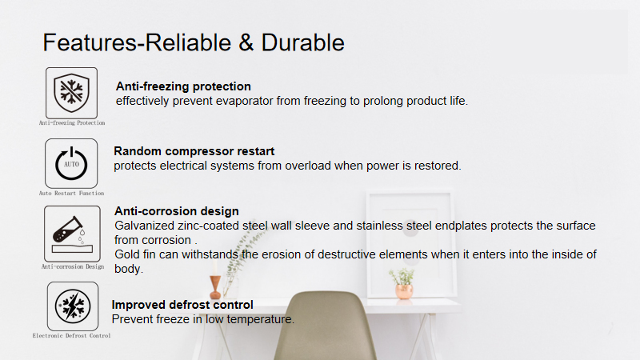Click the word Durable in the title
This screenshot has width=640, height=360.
coord(302,42)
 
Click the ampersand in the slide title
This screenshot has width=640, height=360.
coord(246,43)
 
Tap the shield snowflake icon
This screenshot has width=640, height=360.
coord(71,93)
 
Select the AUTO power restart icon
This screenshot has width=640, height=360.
coord(71,163)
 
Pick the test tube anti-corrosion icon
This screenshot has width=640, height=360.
coord(72,234)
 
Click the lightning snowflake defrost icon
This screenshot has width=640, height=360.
coord(73,306)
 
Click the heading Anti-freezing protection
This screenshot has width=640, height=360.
coord(183,86)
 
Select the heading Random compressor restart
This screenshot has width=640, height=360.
coord(194,151)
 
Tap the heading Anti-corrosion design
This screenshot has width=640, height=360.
coord(176,211)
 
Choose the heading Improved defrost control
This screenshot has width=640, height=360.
coord(182,305)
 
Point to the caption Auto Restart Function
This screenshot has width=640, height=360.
coord(71,193)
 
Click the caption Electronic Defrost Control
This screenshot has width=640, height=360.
coord(71,335)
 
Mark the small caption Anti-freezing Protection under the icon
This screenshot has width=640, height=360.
coord(72,123)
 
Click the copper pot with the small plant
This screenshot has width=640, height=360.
coord(404,291)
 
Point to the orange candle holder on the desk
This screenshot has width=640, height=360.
coord(215,287)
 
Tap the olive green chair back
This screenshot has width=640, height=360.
coord(326,326)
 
